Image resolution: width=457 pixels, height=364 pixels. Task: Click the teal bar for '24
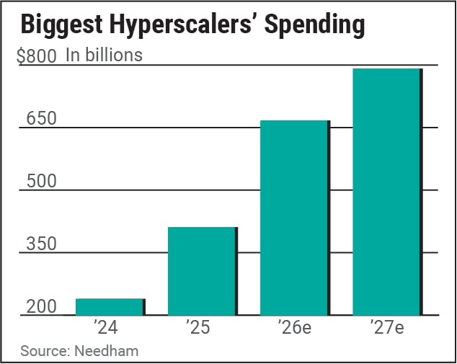pyautogui.click(x=110, y=307)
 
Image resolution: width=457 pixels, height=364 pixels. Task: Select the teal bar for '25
pyautogui.click(x=202, y=271)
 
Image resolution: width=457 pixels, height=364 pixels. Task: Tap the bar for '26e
pyautogui.click(x=294, y=218)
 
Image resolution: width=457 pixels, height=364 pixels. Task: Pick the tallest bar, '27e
pyautogui.click(x=386, y=192)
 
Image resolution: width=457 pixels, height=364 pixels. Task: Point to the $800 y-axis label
pyautogui.click(x=37, y=56)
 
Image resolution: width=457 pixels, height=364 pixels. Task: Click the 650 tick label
pyautogui.click(x=41, y=118)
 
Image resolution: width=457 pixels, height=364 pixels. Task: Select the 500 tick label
pyautogui.click(x=41, y=181)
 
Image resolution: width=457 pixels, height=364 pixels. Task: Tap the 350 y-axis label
pyautogui.click(x=41, y=244)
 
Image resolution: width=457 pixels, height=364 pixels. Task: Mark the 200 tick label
pyautogui.click(x=41, y=307)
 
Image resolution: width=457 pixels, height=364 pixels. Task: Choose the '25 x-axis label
pyautogui.click(x=197, y=329)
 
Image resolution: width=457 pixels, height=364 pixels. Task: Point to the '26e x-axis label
pyautogui.click(x=293, y=329)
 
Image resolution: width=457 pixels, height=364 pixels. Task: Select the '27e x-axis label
pyautogui.click(x=386, y=329)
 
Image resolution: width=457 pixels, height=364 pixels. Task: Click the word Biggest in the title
pyautogui.click(x=59, y=26)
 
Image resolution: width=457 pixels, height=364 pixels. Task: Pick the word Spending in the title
pyautogui.click(x=314, y=26)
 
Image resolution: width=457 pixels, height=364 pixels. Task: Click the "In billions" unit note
pyautogui.click(x=104, y=55)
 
